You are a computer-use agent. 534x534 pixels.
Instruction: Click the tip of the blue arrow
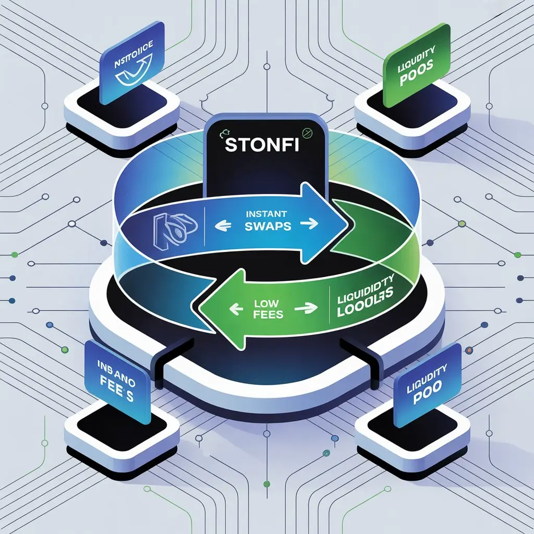click(348, 223)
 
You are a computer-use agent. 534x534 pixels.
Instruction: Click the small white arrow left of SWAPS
click(225, 226)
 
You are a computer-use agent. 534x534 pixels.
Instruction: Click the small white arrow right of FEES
click(302, 309)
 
